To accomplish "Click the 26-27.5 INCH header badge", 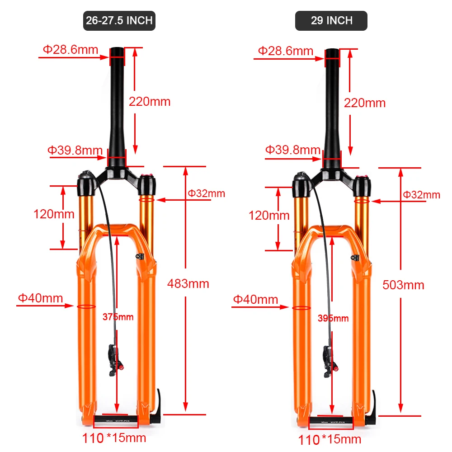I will click(x=119, y=21).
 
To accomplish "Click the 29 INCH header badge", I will click(x=331, y=21).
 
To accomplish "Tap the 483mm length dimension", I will click(x=188, y=283).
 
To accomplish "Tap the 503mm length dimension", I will click(x=403, y=285).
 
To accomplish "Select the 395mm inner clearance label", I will click(x=333, y=318).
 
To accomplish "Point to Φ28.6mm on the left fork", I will click(x=71, y=49).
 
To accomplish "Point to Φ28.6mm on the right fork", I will click(x=286, y=51).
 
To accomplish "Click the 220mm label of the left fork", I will click(x=150, y=101).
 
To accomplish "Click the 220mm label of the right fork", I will click(x=365, y=103).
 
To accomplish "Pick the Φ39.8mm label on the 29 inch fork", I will click(x=293, y=150).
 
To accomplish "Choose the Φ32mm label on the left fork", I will click(x=206, y=193).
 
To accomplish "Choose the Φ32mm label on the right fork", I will click(x=421, y=195).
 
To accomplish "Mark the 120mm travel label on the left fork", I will click(x=54, y=214).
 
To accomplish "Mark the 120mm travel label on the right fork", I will click(x=269, y=215).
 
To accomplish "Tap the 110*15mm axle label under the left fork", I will click(x=114, y=438).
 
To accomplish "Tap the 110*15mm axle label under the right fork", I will click(x=329, y=439).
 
